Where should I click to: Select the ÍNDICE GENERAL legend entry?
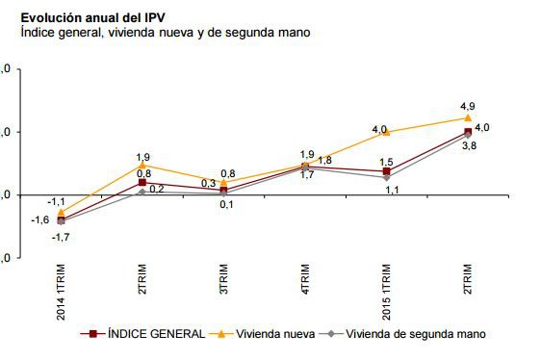pos(144,334)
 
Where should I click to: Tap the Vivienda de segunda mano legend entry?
pos(404,334)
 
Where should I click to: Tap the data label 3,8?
pos(470,145)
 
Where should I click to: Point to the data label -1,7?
pos(59,236)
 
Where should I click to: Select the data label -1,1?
pos(58,200)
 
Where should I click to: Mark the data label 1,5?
pos(386,162)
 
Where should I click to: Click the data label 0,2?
pos(157,189)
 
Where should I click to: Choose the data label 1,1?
pos(392,191)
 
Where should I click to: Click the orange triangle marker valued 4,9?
pos(468,118)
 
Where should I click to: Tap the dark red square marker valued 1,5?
pos(386,171)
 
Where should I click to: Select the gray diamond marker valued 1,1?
pos(386,177)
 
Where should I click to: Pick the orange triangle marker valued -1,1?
pos(62,212)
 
